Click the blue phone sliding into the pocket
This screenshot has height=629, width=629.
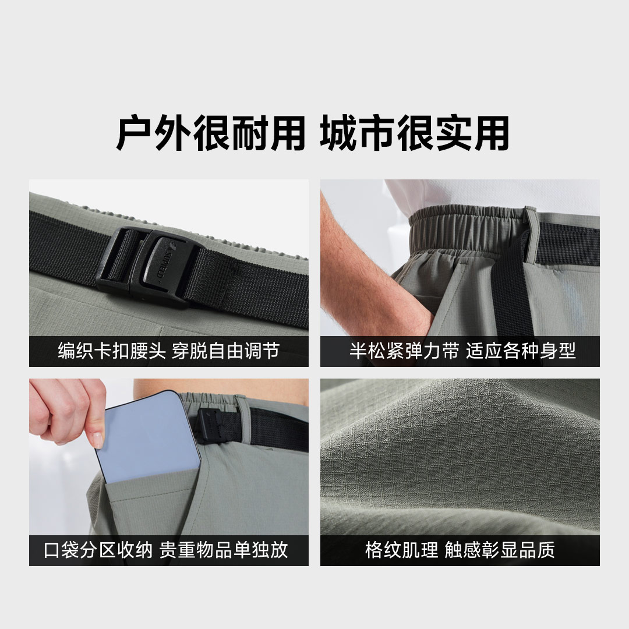coord(147,437)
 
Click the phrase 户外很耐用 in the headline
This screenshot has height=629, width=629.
coord(210,133)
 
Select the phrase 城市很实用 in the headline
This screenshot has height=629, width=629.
coord(415,133)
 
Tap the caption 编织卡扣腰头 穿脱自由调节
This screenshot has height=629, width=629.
coord(169,351)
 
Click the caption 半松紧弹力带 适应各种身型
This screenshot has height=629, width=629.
coord(462,351)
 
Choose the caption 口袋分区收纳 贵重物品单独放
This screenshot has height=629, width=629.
coord(165,550)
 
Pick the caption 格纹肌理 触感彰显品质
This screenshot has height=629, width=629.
coord(460,550)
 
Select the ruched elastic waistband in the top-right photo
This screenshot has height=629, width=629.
coord(465,227)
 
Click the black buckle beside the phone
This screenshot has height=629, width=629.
coord(210,425)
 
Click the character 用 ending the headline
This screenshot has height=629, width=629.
coord(492,133)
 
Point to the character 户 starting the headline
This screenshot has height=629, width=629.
coord(134,133)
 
